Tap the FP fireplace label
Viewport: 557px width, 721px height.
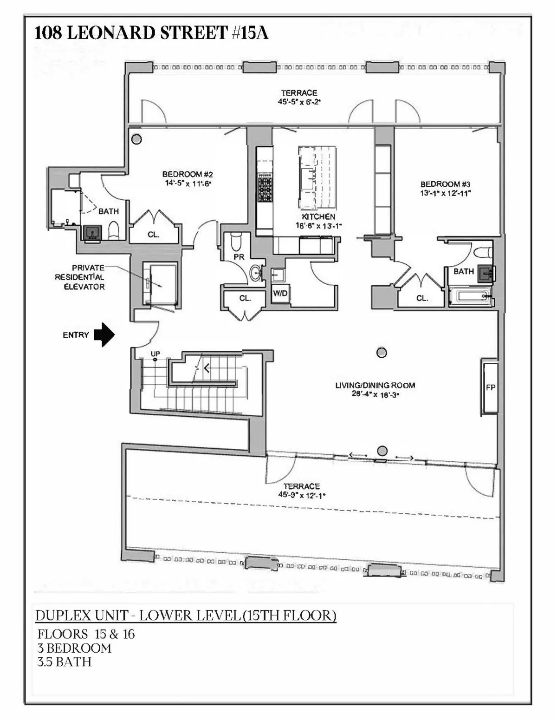[491, 387]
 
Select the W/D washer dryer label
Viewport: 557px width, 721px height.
[279, 293]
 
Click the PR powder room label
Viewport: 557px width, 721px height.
[239, 256]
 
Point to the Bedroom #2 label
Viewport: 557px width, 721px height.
[187, 174]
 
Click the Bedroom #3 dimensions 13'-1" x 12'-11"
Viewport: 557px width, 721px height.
[446, 193]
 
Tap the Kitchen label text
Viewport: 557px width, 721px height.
[318, 217]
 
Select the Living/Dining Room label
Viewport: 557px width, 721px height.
[375, 385]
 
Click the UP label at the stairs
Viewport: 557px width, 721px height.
[155, 354]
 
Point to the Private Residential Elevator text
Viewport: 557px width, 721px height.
[80, 277]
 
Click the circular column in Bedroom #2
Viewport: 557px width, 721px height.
[136, 139]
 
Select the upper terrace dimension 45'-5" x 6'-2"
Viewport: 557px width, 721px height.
[299, 102]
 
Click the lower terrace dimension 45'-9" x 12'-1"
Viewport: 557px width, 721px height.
[302, 495]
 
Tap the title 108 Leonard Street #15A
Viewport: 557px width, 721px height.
[151, 33]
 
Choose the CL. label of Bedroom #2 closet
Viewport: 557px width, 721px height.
[153, 235]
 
